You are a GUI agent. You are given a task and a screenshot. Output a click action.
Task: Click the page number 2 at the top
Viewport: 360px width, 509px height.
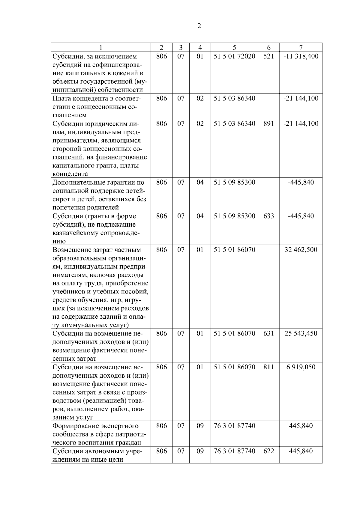(199, 26)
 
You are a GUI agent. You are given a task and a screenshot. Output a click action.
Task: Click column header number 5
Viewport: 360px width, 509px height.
(234, 47)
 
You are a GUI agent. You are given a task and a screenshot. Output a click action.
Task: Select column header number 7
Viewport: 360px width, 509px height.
(301, 47)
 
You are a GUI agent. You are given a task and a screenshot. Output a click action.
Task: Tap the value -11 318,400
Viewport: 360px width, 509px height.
(301, 56)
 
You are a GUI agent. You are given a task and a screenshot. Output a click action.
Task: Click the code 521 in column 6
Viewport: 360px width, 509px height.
(268, 56)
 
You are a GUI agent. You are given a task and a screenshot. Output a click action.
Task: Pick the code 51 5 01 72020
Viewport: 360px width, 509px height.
(234, 56)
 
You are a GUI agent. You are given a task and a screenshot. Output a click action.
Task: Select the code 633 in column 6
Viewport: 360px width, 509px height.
(268, 216)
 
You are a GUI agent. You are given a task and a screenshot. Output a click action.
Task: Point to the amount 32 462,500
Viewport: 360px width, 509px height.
(301, 250)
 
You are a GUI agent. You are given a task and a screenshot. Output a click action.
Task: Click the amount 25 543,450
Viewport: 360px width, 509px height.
(301, 334)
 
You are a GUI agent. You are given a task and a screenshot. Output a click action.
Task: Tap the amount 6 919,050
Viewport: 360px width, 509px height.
(301, 367)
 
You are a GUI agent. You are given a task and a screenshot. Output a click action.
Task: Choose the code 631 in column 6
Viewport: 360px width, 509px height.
(268, 334)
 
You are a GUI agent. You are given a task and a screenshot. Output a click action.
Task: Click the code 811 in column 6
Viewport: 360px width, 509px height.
(268, 367)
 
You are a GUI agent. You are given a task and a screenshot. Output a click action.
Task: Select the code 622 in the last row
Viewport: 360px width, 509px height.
(268, 451)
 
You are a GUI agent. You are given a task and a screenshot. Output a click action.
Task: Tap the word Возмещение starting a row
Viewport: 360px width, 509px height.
(71, 250)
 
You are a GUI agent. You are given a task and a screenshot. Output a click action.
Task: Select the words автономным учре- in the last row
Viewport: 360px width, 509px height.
(115, 451)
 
